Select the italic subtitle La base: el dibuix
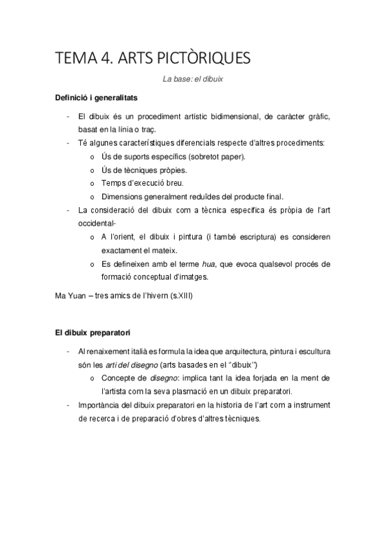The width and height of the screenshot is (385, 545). click(x=192, y=80)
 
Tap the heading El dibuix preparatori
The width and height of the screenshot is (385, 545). click(x=93, y=333)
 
